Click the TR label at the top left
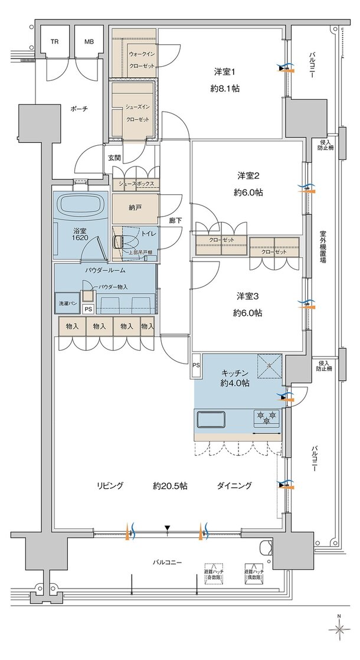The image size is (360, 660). click(x=55, y=42)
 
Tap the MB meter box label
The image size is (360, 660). click(x=89, y=42)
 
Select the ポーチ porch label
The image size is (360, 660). click(x=79, y=109)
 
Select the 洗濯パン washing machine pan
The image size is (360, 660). click(x=66, y=303)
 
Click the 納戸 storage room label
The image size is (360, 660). click(x=135, y=208)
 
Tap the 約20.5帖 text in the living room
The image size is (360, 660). click(x=170, y=486)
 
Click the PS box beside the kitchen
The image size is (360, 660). click(x=195, y=365)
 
